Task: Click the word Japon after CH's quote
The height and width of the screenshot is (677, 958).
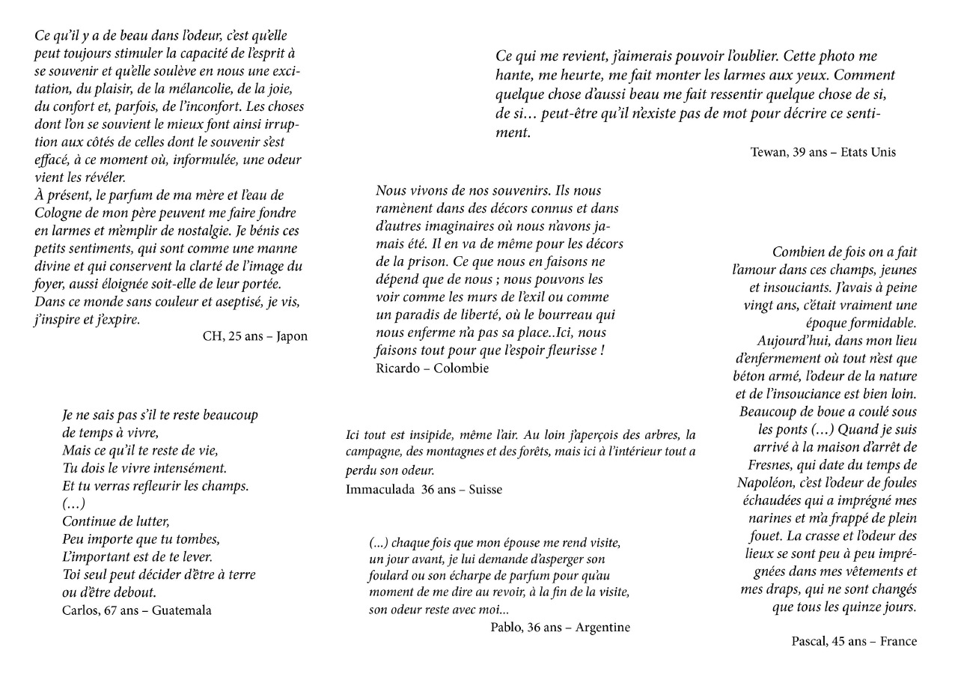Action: (x=292, y=336)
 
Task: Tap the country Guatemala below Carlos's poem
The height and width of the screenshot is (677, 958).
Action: (x=182, y=610)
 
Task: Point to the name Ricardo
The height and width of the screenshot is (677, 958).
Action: (x=398, y=368)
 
